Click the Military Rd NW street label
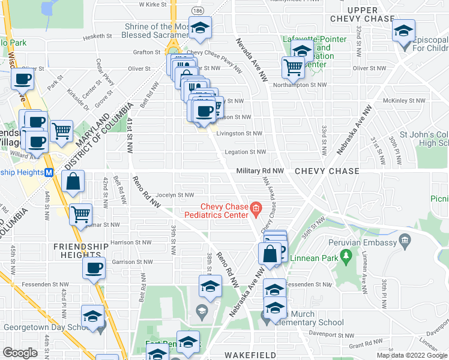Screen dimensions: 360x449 pyautogui.click(x=259, y=171)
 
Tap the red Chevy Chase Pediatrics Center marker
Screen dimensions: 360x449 pyautogui.click(x=256, y=209)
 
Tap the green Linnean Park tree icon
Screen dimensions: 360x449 pyautogui.click(x=346, y=256)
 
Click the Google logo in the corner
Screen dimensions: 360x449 pyautogui.click(x=20, y=353)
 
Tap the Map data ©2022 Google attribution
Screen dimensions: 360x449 pyautogui.click(x=412, y=355)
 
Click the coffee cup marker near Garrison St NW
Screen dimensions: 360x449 pyautogui.click(x=94, y=268)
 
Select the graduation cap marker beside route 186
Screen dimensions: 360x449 pyautogui.click(x=200, y=27)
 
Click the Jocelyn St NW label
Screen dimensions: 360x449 pyautogui.click(x=175, y=195)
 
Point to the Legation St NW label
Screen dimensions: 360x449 pyautogui.click(x=245, y=152)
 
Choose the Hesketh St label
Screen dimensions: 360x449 pyautogui.click(x=101, y=36)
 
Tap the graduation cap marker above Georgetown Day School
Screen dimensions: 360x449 pyautogui.click(x=93, y=315)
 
